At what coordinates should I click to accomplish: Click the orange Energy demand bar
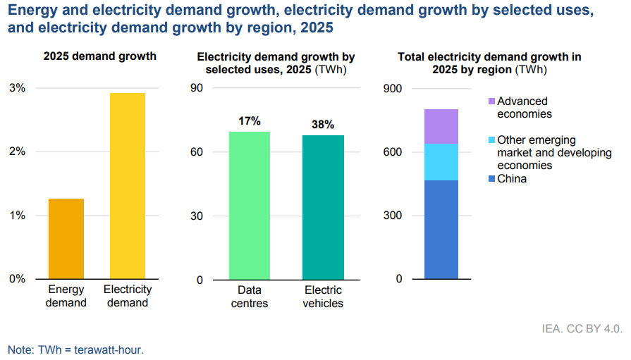pos(66,238)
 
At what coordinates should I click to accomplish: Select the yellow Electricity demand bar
pos(128,185)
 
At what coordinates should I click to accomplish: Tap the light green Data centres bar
pos(250,205)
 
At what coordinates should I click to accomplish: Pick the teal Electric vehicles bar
pos(323,207)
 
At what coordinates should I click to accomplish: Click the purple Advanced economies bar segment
pos(441,126)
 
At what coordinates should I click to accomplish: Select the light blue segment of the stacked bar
pos(441,161)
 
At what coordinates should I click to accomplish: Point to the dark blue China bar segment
pos(441,229)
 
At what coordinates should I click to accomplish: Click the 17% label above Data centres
pos(250,121)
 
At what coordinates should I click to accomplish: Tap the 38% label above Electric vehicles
pos(323,125)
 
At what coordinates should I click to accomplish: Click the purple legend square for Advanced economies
pos(491,101)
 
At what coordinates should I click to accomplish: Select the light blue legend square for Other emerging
pos(491,140)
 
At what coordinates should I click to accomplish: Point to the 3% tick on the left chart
pos(17,88)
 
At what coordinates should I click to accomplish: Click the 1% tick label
pos(17,216)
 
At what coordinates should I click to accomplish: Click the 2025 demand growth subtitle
pos(99,56)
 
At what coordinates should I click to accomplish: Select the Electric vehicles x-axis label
pos(323,297)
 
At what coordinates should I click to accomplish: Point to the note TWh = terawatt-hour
pos(75,349)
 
